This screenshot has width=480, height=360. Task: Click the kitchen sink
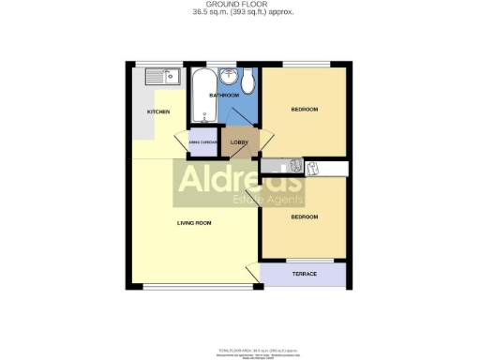[x=161, y=76]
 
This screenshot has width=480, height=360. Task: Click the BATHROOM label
[x=224, y=96]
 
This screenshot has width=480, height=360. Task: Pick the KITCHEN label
[x=157, y=112]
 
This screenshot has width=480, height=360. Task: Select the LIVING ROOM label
[x=195, y=223]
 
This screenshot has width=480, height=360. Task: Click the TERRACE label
[x=305, y=274]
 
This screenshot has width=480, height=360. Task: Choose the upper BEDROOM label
[x=304, y=110]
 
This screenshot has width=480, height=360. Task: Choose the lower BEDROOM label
[x=304, y=217]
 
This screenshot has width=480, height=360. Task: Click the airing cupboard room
[x=203, y=142]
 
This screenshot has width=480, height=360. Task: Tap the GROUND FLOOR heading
[x=239, y=5]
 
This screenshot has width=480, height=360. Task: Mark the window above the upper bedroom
[x=305, y=65]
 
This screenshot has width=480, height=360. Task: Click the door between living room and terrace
[x=253, y=274]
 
